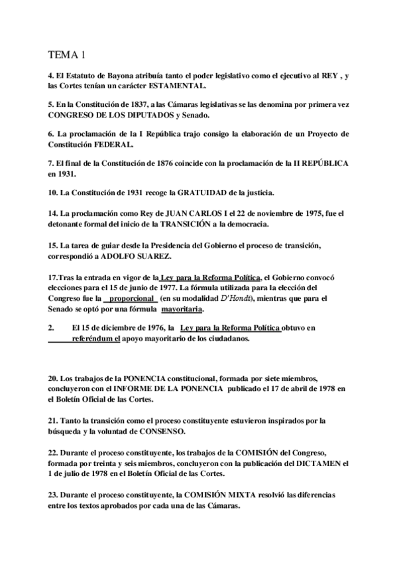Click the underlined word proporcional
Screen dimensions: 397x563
(x=131, y=299)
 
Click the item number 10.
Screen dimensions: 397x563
(x=52, y=192)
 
